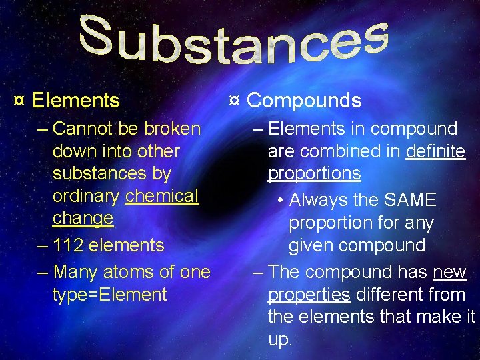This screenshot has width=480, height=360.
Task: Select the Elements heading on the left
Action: point(75,101)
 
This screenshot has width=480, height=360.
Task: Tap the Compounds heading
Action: point(304,101)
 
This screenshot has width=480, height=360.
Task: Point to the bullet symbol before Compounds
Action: point(234,101)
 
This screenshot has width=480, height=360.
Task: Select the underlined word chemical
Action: point(162,196)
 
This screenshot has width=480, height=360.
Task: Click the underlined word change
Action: point(83,219)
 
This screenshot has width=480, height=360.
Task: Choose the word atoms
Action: point(131,272)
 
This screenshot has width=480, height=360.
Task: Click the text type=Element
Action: point(109,295)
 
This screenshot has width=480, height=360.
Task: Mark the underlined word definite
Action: point(435,151)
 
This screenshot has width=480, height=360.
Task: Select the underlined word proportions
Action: point(314,174)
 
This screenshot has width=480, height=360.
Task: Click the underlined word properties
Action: point(309,295)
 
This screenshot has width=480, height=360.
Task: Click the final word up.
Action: point(280,340)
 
